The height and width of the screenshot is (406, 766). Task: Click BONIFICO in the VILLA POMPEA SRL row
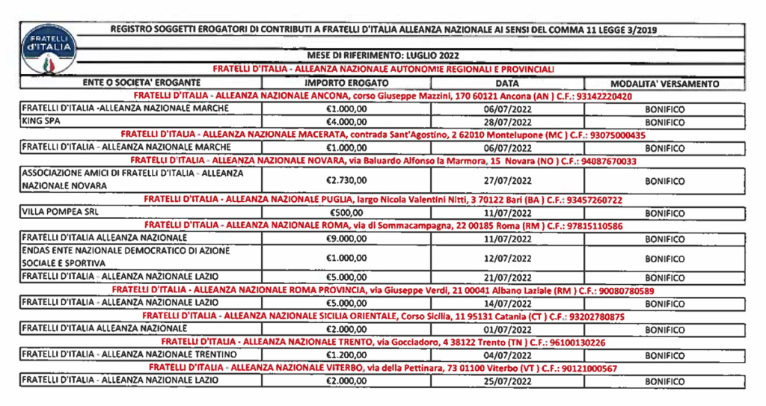664,213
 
